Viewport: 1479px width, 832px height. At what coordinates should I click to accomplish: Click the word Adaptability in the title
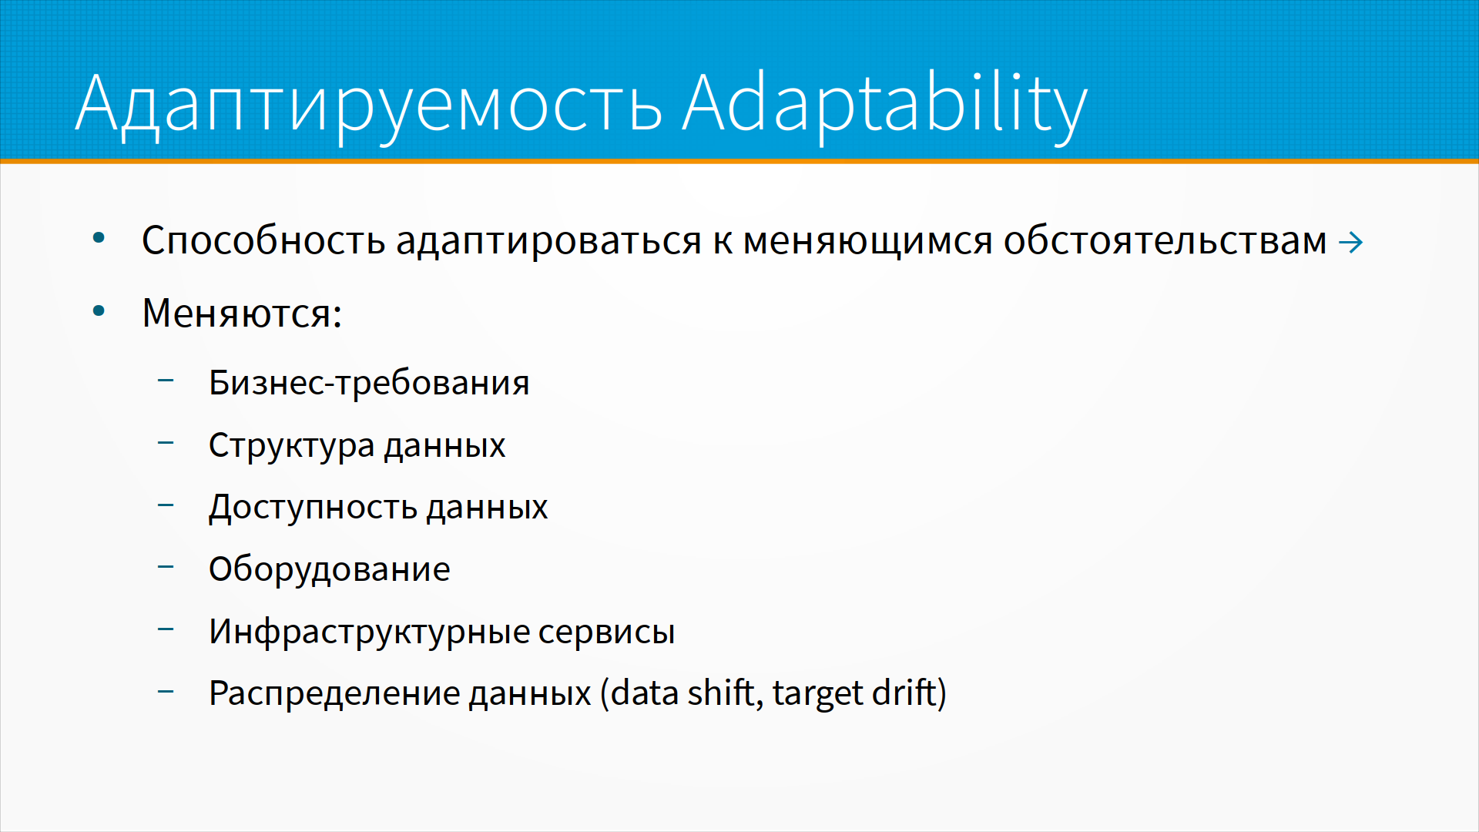884,104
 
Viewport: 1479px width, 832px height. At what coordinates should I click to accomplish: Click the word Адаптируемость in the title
369,106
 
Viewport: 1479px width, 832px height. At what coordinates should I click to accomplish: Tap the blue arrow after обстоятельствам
1351,243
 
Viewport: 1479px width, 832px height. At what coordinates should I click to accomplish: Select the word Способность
263,240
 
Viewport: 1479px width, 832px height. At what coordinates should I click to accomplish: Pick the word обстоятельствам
1165,240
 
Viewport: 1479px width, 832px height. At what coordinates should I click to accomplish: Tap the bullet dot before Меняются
99,311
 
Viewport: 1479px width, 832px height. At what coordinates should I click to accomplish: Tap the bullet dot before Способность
99,238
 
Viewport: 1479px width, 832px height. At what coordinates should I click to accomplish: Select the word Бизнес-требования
369,383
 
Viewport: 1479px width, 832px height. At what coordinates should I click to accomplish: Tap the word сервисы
606,632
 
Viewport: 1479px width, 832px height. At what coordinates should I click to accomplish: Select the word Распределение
335,694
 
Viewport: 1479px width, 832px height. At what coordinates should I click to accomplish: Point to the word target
817,694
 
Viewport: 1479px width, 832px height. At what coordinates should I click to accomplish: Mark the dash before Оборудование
166,567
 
